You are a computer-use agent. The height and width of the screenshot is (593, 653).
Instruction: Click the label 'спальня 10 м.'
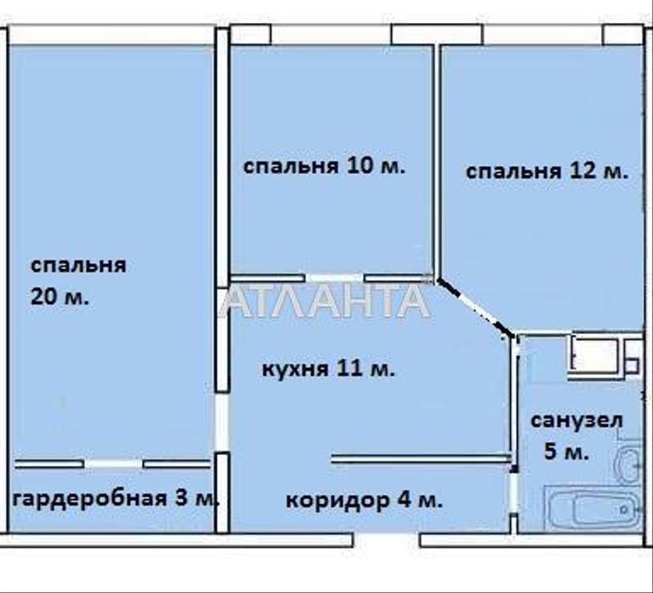pyautogui.click(x=324, y=166)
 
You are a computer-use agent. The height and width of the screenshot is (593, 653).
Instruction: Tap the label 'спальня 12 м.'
pyautogui.click(x=546, y=171)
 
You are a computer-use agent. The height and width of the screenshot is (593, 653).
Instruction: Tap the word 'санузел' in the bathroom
pyautogui.click(x=577, y=420)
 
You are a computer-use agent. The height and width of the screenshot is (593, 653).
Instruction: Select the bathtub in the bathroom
pyautogui.click(x=593, y=509)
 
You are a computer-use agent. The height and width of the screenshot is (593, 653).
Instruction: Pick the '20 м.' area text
pyautogui.click(x=59, y=297)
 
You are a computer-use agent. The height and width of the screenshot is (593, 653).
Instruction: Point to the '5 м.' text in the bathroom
pyautogui.click(x=566, y=451)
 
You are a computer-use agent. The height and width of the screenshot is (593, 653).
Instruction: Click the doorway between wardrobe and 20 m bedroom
pyautogui.click(x=113, y=464)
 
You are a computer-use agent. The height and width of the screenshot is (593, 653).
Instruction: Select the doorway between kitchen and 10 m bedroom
pyautogui.click(x=334, y=279)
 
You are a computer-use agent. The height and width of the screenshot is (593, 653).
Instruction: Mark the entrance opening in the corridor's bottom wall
pyautogui.click(x=386, y=540)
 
